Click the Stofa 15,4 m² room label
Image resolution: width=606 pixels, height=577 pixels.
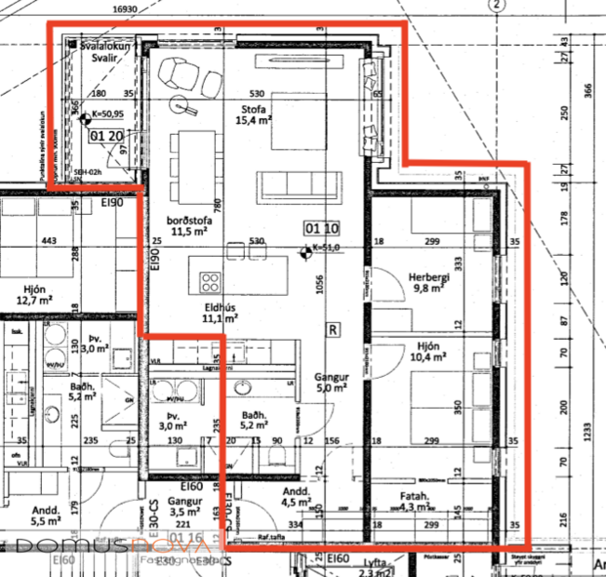click(x=252, y=114)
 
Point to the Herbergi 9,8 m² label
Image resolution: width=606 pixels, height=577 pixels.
click(x=429, y=283)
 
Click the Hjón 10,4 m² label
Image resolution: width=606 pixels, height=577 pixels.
click(x=429, y=351)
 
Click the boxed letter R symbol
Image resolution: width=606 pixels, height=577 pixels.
click(x=332, y=329)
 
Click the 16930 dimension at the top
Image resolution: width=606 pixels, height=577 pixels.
click(x=122, y=8)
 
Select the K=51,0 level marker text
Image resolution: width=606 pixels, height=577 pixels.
click(x=326, y=248)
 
